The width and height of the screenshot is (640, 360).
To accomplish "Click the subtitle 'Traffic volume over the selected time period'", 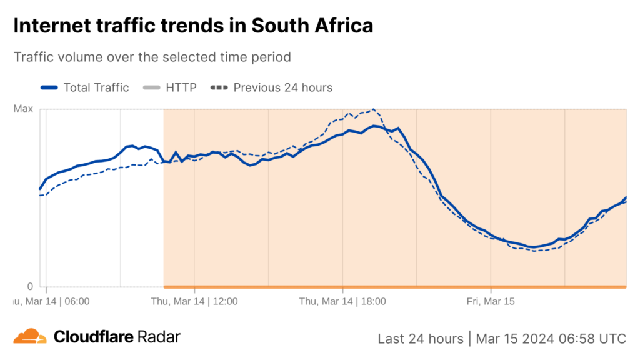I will pyautogui.click(x=152, y=57).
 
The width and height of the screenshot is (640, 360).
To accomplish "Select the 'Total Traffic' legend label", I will pyautogui.click(x=96, y=87).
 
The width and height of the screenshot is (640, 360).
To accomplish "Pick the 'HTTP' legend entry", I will pyautogui.click(x=181, y=87).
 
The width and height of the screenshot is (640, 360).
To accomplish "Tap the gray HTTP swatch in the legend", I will pyautogui.click(x=151, y=87).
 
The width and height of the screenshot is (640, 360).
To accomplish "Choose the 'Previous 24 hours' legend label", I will pyautogui.click(x=283, y=87).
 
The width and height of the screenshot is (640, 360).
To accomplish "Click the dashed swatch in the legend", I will pyautogui.click(x=219, y=87).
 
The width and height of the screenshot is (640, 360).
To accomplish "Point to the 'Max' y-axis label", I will pyautogui.click(x=23, y=109).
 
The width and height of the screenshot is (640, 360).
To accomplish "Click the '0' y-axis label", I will pyautogui.click(x=29, y=287).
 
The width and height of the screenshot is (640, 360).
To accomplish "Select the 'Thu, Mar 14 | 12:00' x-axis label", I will pyautogui.click(x=194, y=301).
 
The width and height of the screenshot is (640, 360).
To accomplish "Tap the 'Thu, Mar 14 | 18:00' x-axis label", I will pyautogui.click(x=342, y=301).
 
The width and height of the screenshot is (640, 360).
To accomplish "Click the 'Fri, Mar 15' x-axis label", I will pyautogui.click(x=491, y=301).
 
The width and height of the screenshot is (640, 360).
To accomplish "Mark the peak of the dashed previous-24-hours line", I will pyautogui.click(x=374, y=109).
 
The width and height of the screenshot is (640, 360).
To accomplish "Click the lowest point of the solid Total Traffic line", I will pyautogui.click(x=533, y=247).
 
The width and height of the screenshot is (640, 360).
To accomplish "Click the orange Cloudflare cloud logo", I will pyautogui.click(x=30, y=337).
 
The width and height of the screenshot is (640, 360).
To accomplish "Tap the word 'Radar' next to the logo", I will pyautogui.click(x=159, y=337).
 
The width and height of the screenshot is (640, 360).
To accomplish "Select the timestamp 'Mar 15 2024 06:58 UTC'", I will pyautogui.click(x=551, y=339).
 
